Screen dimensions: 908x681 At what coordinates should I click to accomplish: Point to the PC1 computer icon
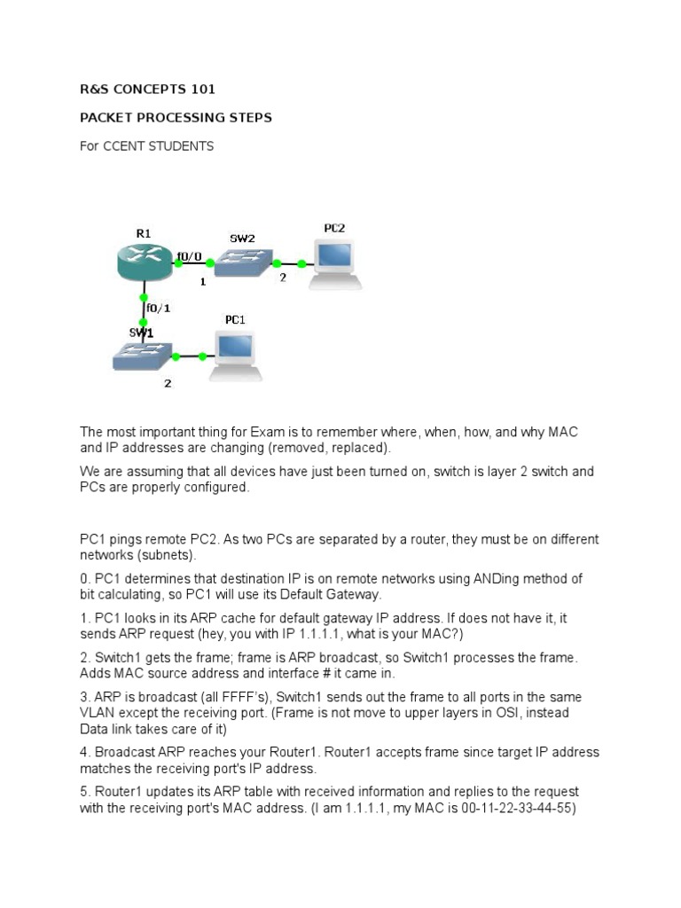pos(236,355)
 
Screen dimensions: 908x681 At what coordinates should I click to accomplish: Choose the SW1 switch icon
pos(143,357)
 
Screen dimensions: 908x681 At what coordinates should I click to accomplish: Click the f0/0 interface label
pos(189,257)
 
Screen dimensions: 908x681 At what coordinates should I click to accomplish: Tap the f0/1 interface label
pos(159,309)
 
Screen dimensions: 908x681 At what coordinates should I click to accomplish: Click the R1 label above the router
pos(144,232)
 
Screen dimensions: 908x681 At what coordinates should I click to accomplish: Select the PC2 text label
pos(334,228)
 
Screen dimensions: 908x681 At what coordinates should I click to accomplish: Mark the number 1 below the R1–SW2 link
pos(202,282)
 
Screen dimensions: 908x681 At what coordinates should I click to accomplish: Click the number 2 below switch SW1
pos(167,384)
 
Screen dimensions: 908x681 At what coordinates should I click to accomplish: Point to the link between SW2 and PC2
pos(289,263)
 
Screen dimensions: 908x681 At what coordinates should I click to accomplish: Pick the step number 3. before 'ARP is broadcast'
pos(85,697)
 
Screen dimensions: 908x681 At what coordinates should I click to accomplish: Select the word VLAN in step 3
pos(97,713)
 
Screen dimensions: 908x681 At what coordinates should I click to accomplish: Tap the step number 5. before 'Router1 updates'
pos(85,792)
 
